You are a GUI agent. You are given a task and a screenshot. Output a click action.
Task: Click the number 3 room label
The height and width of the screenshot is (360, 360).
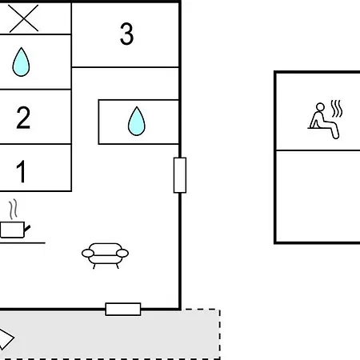click(126, 34)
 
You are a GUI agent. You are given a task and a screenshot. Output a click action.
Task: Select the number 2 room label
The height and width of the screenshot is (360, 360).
click(23, 118)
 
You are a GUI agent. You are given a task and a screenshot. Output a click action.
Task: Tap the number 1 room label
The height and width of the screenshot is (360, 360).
click(22, 171)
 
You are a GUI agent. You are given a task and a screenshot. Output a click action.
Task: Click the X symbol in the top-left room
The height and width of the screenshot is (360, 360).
click(24, 18)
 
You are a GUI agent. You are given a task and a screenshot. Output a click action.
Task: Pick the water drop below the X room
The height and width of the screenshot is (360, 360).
click(21, 62)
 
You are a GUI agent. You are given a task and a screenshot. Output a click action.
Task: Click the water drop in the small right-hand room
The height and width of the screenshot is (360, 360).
click(137, 121)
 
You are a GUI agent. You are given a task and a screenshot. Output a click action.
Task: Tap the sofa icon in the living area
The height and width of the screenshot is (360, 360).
click(105, 255)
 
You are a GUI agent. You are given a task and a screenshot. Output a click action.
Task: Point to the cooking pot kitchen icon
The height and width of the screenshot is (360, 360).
click(15, 230)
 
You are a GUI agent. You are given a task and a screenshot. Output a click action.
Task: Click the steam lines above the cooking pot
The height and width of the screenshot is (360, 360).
click(13, 209)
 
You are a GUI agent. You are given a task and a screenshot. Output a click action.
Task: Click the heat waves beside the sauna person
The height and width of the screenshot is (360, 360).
click(337, 109)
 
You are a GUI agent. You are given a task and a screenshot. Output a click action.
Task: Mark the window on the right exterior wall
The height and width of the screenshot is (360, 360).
click(180, 175)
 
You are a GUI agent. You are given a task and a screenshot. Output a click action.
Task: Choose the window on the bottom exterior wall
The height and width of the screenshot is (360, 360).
click(123, 309)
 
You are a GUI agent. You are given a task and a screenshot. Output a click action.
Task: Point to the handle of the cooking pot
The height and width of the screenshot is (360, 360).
click(27, 229)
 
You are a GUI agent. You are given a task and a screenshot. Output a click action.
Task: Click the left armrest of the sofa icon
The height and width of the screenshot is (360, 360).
click(88, 253)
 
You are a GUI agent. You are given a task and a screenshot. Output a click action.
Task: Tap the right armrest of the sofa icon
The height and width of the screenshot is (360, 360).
click(122, 253)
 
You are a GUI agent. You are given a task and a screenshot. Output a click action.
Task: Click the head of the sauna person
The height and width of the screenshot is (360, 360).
click(320, 107)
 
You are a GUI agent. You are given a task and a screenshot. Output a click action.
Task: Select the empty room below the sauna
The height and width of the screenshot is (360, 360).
click(318, 197)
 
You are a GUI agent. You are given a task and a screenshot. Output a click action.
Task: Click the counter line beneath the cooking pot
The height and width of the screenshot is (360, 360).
click(22, 243)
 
